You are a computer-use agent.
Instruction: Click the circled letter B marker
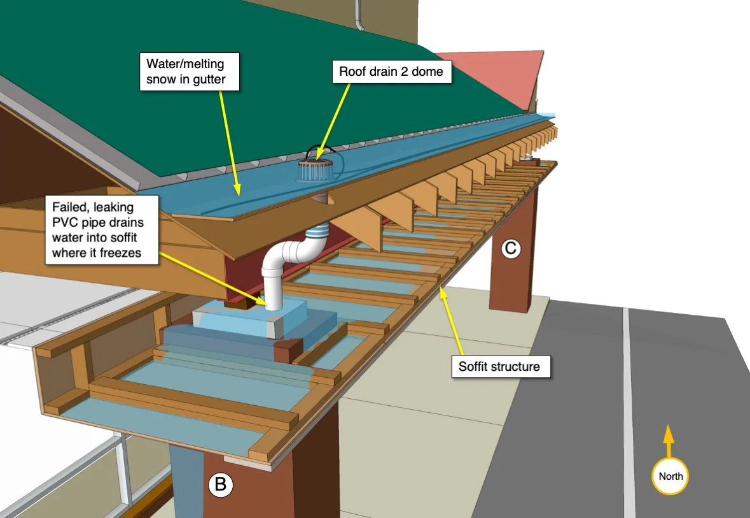pos(221,485)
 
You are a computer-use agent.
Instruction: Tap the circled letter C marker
pos(510,249)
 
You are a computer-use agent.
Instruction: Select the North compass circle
pos(670,476)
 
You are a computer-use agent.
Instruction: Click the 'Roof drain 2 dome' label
pos(391,71)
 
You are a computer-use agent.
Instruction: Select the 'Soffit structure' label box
pos(499,366)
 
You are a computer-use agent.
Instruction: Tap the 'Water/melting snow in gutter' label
pos(185,71)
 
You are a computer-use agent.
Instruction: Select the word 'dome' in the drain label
pos(427,71)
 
